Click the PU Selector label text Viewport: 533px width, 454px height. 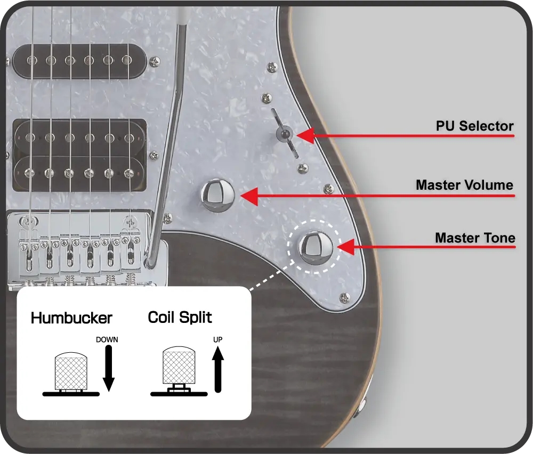click(x=474, y=126)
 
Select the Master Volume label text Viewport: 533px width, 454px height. click(x=464, y=185)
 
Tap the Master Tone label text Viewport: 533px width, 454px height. click(x=474, y=238)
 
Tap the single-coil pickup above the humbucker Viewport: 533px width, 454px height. click(x=80, y=60)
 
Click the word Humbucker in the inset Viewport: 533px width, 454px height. click(x=71, y=318)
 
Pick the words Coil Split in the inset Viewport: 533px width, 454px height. click(x=180, y=318)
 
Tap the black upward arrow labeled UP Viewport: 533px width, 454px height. click(x=218, y=369)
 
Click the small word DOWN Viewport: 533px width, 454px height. click(x=107, y=339)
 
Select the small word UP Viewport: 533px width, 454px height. click(x=218, y=339)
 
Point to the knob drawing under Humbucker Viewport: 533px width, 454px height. click(x=71, y=371)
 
